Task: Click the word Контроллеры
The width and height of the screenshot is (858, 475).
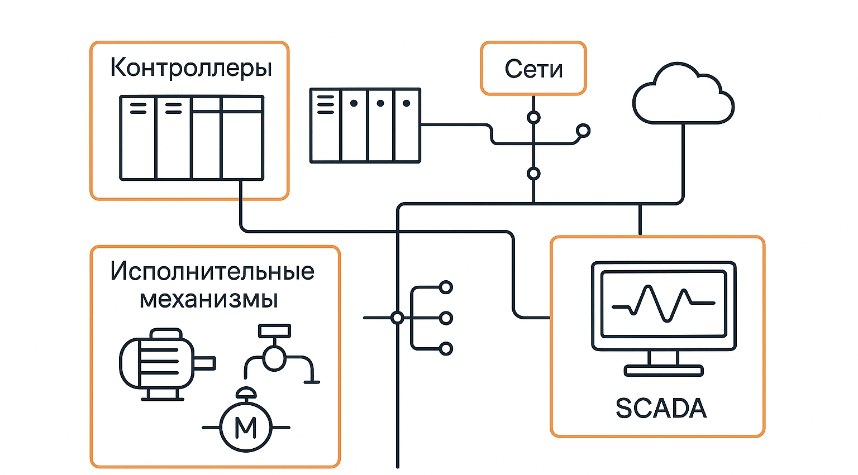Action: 191,68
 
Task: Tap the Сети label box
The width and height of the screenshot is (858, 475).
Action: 533,68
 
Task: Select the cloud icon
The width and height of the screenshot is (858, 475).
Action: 683,95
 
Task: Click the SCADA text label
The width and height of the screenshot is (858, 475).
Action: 661,408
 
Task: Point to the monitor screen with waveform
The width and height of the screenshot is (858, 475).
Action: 664,304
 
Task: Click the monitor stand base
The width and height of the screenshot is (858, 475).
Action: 663,371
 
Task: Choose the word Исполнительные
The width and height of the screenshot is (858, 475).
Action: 212,271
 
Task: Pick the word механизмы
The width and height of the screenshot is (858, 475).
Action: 209,299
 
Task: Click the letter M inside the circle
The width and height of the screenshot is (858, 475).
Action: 246,428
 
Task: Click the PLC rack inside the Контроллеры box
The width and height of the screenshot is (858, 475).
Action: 192,138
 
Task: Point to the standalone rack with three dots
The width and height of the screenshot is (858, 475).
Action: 365,126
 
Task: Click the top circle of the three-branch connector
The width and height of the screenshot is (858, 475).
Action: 446,287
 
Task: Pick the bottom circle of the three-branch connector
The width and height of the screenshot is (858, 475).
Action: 446,349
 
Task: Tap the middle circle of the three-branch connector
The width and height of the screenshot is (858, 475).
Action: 446,318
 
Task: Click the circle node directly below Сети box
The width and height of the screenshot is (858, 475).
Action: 533,118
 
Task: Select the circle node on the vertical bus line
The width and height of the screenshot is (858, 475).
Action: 397,318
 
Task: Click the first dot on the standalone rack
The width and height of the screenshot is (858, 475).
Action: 354,103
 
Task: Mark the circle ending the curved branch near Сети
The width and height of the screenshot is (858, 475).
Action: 583,131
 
